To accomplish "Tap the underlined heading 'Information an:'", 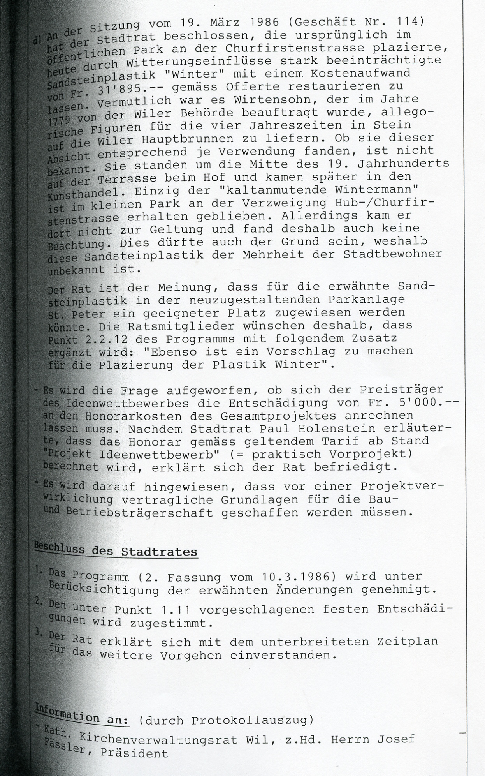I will [x=82, y=716].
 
